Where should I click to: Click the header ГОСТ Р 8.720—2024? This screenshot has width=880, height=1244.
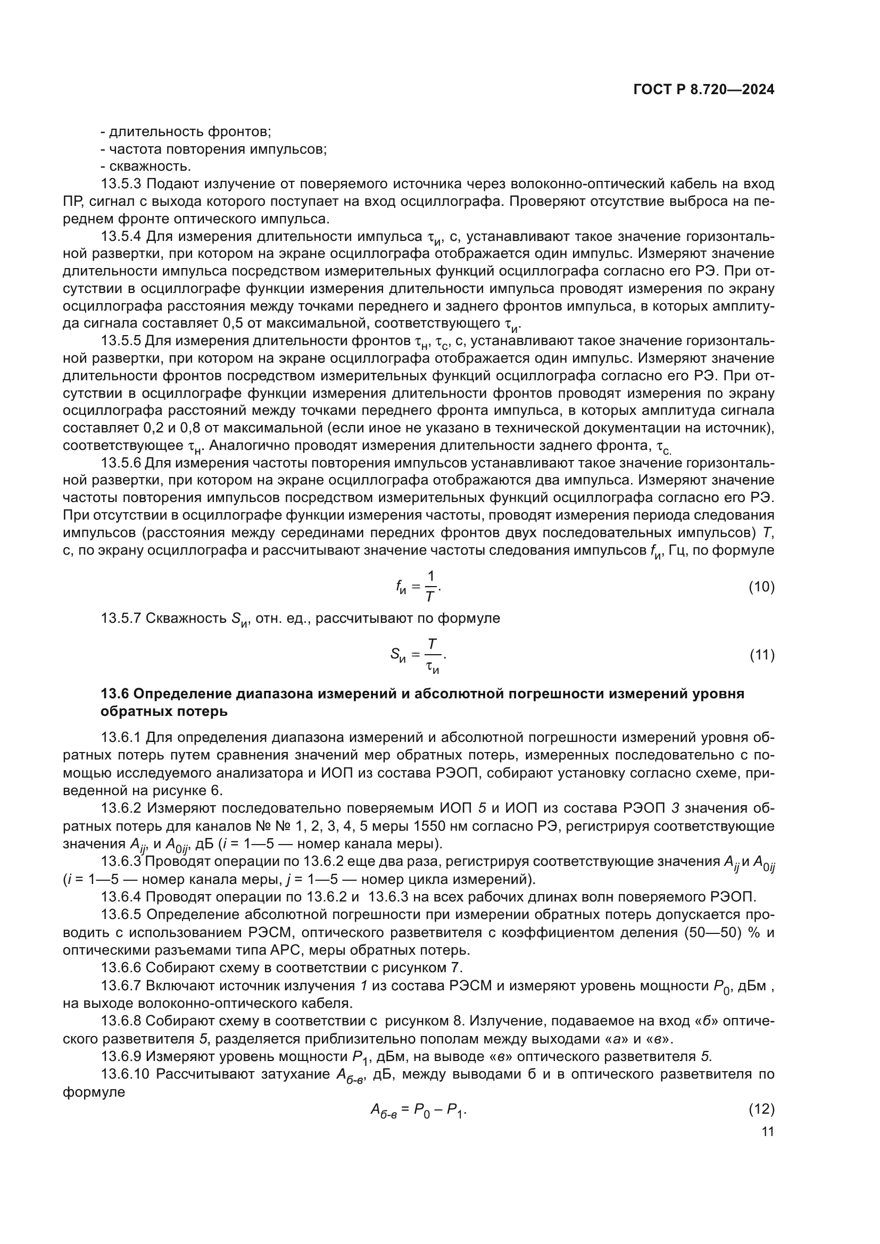pos(703,90)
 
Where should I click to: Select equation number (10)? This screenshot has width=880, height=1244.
pos(761,587)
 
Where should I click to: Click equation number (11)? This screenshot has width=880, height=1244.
pos(762,655)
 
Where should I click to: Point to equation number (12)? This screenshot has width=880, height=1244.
pos(761,1109)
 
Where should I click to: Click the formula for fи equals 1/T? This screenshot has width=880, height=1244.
pos(418,587)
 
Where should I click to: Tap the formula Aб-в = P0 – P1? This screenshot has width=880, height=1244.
pos(418,1109)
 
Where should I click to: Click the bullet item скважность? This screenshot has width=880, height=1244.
pos(146,166)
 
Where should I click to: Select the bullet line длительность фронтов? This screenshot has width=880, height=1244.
pos(186,132)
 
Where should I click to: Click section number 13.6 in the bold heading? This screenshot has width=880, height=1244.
pos(114,694)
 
